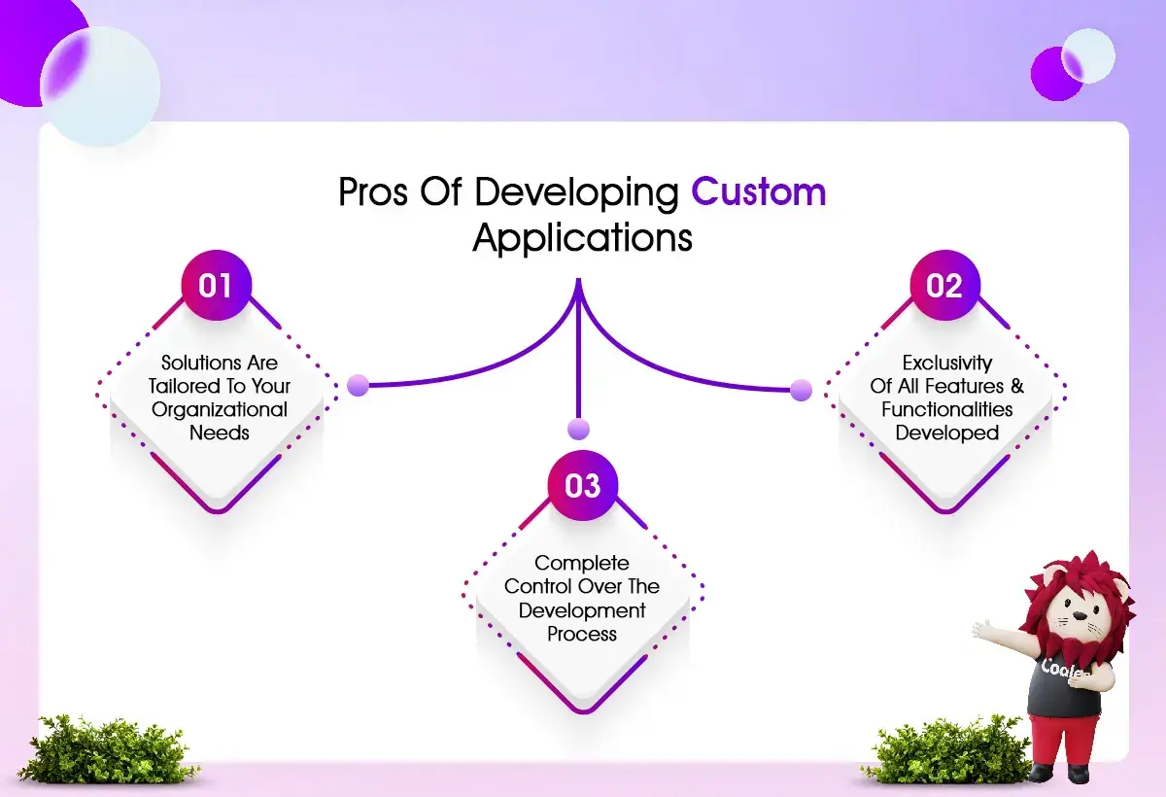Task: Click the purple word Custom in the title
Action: (x=759, y=192)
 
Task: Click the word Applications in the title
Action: (x=582, y=238)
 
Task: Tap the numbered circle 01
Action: (x=217, y=286)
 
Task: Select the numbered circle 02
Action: (x=944, y=286)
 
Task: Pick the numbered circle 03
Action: (x=582, y=485)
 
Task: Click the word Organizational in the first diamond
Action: (x=220, y=410)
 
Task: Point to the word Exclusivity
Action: (x=946, y=363)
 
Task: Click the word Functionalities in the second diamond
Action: (x=946, y=409)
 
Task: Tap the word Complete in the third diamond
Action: (x=582, y=564)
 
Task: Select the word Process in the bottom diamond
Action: (x=582, y=634)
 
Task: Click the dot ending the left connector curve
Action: (x=359, y=385)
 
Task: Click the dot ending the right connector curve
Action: (x=801, y=390)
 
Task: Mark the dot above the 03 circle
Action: (x=578, y=430)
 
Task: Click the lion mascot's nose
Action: (x=1080, y=616)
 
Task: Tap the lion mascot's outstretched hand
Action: (x=983, y=630)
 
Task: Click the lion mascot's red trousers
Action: (x=1062, y=741)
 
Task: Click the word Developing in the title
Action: (x=576, y=193)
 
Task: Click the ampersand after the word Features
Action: (x=1017, y=386)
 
